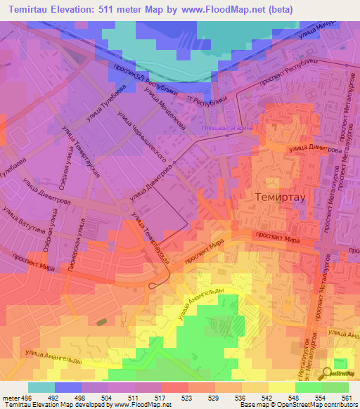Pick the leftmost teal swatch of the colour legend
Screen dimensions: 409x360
(41, 387)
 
